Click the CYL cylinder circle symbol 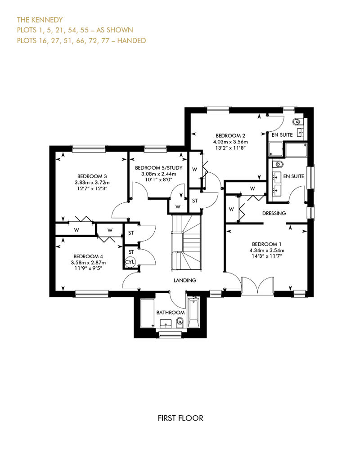pos(130,262)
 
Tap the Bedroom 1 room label pos(267,244)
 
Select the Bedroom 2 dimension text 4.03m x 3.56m pos(230,142)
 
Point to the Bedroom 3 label pos(92,176)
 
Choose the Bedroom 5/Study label pos(159,168)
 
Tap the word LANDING pos(185,280)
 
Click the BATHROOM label pos(171,312)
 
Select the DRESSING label pos(274,213)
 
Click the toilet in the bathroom pos(180,322)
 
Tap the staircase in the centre pos(187,242)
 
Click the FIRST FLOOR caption pos(180,418)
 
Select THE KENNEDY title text pos(40,20)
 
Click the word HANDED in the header pos(131,40)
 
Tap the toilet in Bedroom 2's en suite pos(297,121)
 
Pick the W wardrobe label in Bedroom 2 pos(195,170)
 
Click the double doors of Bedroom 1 pos(257,286)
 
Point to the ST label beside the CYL pos(131,252)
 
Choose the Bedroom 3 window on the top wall pos(89,148)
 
